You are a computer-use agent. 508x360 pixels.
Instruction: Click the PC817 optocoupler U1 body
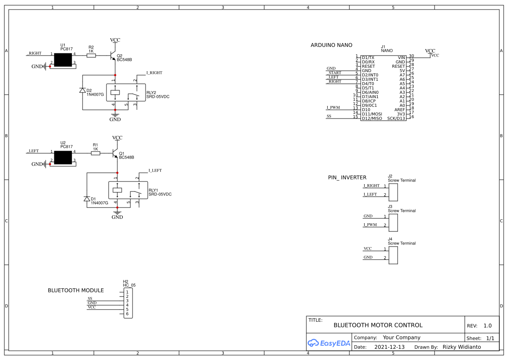(63, 60)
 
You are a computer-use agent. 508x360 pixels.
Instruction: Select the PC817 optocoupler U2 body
(63, 157)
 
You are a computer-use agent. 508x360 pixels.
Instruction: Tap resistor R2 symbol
(91, 55)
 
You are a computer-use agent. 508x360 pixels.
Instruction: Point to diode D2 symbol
(83, 90)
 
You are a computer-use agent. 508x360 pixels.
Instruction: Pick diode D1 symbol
(87, 199)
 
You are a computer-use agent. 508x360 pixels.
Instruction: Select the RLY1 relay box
(128, 190)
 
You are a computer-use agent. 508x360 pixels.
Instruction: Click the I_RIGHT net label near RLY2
(154, 73)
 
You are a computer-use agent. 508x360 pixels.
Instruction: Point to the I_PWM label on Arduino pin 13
(333, 107)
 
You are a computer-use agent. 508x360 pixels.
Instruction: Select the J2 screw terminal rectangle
(393, 191)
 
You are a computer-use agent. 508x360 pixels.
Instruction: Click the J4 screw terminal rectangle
(393, 254)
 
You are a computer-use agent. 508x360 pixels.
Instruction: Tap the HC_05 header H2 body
(128, 303)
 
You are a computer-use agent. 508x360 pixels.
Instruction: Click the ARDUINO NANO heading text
(331, 45)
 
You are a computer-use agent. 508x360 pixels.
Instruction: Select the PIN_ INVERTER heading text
(347, 178)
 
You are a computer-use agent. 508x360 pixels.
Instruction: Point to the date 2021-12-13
(389, 347)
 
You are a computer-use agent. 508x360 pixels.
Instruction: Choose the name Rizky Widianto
(462, 347)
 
